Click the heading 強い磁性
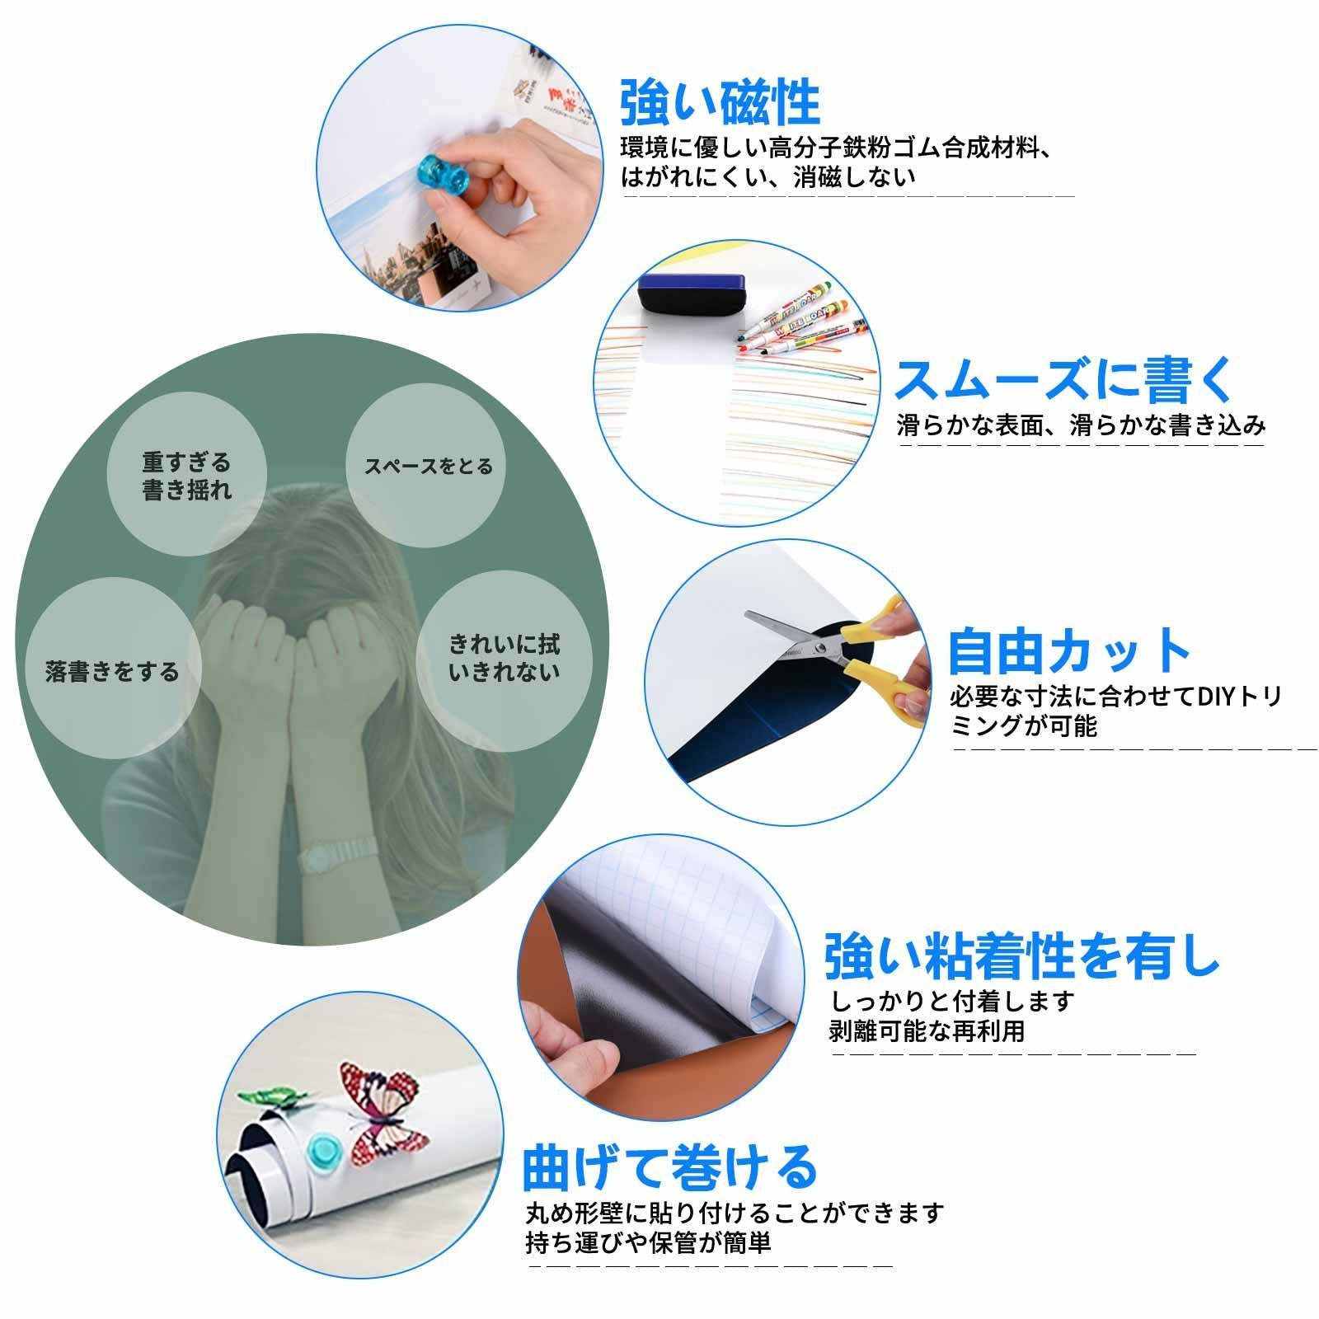pos(720,102)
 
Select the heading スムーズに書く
pos(1064,379)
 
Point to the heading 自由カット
pos(1069,651)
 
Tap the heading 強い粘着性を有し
pos(1021,955)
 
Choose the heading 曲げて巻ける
pos(669,1166)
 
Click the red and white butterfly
pos(381,1110)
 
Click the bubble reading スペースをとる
pos(428,467)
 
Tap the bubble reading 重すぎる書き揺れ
pos(187,476)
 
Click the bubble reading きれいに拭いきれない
pos(504,657)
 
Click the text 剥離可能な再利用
pos(927,1030)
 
